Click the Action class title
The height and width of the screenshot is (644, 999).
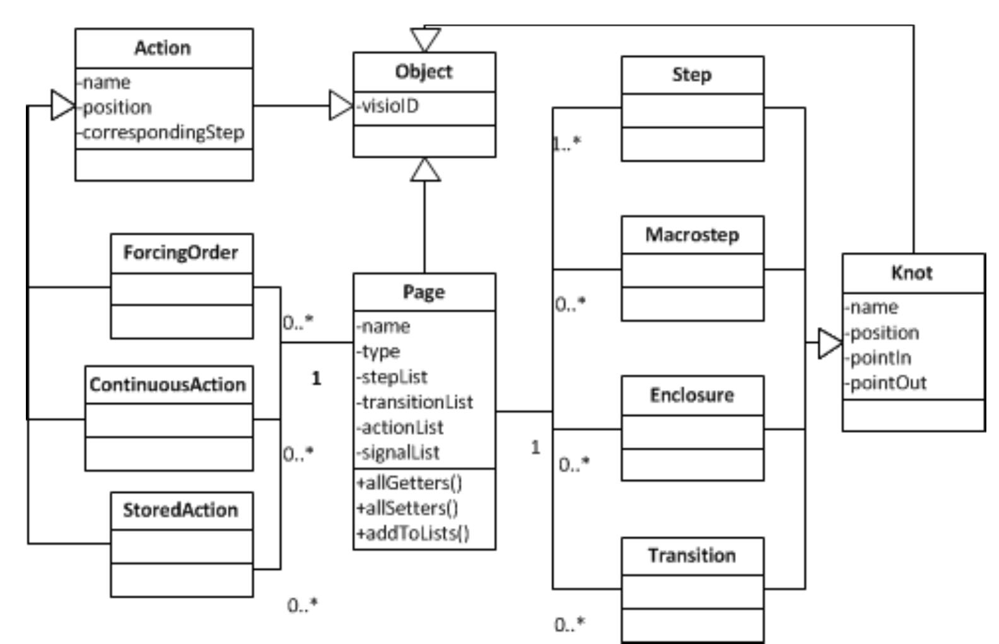[163, 49]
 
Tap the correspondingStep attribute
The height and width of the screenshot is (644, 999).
[163, 132]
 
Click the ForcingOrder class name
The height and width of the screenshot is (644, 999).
[180, 253]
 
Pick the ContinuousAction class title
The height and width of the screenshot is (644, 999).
[168, 384]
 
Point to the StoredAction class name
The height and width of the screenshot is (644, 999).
[180, 510]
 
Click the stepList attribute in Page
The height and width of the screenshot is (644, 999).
[392, 377]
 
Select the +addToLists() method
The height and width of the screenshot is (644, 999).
[413, 533]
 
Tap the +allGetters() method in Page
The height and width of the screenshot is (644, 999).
[409, 483]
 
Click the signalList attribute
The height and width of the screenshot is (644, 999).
[398, 452]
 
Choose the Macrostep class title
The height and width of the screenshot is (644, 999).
[692, 235]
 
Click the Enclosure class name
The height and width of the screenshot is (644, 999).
[692, 395]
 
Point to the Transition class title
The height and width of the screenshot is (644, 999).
[692, 555]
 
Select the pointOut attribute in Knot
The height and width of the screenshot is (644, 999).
[886, 383]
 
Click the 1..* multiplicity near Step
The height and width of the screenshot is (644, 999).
[566, 144]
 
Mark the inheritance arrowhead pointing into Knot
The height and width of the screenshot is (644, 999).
[830, 343]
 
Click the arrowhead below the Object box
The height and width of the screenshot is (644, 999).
[425, 170]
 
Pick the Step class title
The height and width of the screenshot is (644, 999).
[692, 75]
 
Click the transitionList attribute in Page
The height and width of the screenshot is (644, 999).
[414, 402]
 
